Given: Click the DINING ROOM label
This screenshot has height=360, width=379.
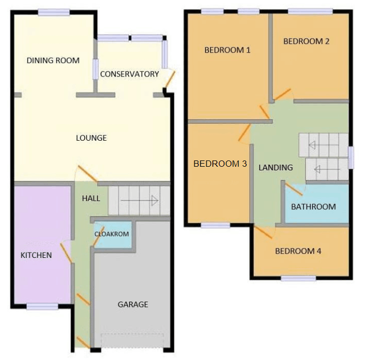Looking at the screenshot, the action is tap(53, 60).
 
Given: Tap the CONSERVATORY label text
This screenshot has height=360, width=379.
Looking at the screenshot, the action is tap(130, 74).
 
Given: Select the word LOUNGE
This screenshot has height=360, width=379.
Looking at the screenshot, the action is tap(91, 138).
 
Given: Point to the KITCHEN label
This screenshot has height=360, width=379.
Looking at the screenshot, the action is tap(36, 255).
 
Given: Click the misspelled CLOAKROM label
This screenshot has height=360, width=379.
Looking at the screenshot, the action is tap(112, 234).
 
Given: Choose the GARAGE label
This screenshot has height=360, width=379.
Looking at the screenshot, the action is tap(133, 304).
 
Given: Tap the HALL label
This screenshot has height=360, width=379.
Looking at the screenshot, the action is tap(91, 198).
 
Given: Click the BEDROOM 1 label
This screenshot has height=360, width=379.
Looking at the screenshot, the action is tap(227, 50).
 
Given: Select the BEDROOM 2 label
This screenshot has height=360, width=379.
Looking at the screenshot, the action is tap(306, 41).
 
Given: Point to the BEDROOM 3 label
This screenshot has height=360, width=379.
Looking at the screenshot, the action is tap(220, 164).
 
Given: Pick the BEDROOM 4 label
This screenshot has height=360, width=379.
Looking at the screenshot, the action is tap(298, 251).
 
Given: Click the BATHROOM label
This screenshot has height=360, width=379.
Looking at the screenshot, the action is tap(313, 207).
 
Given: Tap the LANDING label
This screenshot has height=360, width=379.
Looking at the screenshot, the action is tap(276, 167).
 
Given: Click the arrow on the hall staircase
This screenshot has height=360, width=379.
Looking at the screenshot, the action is tap(140, 201).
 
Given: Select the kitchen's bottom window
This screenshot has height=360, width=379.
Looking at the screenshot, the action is tap(42, 307).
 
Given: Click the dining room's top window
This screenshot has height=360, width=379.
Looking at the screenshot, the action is tap(54, 13).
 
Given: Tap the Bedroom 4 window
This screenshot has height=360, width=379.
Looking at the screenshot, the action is tap(298, 278).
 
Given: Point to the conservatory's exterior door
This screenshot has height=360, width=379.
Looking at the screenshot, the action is tap(170, 79).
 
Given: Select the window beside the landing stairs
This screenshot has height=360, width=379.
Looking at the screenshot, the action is tap(351, 157).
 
